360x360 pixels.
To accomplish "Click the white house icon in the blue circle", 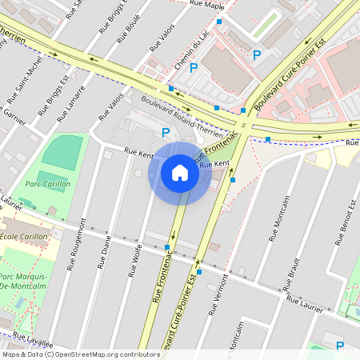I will coord(180,173).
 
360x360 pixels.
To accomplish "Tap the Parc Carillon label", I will coord(47,184).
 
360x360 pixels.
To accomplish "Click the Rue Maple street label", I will coord(207,5).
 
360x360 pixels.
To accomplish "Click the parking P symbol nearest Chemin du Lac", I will coord(193,69).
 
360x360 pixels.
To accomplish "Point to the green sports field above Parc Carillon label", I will coord(62,151).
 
